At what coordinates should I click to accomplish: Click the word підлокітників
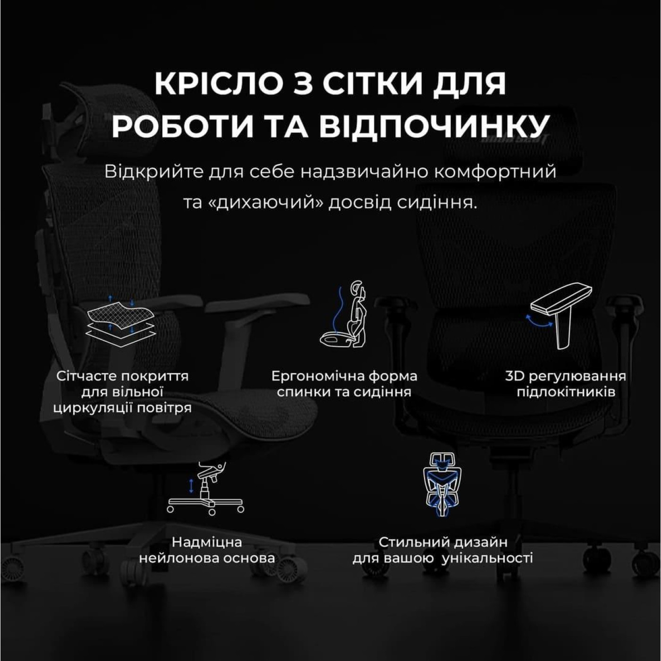tap(566, 392)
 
